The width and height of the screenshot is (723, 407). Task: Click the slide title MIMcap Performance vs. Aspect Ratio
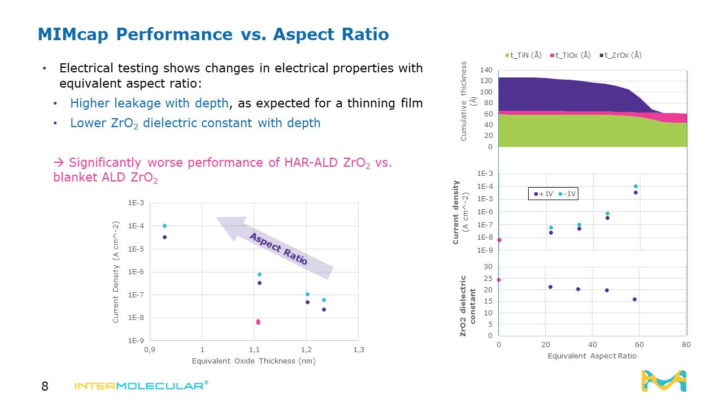coord(213,34)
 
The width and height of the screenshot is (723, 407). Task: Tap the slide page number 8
coord(45,387)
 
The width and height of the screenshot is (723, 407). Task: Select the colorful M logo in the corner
coord(664,381)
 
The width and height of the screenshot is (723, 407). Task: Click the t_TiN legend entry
coord(523,55)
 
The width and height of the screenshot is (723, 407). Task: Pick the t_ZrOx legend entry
coord(620,55)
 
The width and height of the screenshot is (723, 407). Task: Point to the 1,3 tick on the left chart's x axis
coord(358,350)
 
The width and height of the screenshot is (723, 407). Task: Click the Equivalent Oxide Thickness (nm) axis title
coord(254,361)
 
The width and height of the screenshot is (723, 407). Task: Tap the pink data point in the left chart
coord(258,322)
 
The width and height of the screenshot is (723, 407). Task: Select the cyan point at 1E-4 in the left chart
coord(164,226)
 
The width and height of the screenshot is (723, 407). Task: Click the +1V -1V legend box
coord(553,194)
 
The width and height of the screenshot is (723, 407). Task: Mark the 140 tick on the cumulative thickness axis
coord(485,70)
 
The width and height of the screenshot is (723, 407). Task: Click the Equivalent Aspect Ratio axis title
coord(591,356)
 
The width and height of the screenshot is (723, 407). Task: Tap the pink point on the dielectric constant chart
coord(498,280)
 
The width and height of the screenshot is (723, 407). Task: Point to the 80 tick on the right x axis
coord(686,344)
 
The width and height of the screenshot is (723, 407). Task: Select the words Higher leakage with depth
coord(149,103)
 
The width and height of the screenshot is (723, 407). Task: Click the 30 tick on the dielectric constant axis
coord(487,266)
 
